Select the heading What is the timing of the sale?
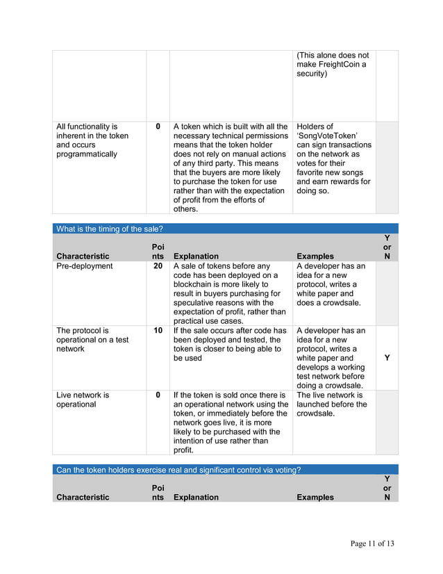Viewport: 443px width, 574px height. (x=109, y=229)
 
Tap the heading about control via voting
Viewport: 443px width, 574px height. (x=178, y=470)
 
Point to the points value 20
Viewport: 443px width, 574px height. (x=158, y=266)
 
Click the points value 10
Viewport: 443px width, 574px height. (x=158, y=330)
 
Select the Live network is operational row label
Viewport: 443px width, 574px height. (x=83, y=399)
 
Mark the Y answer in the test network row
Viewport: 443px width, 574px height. (x=387, y=358)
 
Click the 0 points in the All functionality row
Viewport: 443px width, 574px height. (x=158, y=126)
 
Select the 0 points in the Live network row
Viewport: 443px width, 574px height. (x=158, y=395)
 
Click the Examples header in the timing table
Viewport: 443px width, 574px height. (x=315, y=256)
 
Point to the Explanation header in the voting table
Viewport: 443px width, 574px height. (x=196, y=497)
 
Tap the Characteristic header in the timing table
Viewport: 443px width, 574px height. (x=83, y=256)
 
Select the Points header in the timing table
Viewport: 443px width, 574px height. (x=158, y=251)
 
